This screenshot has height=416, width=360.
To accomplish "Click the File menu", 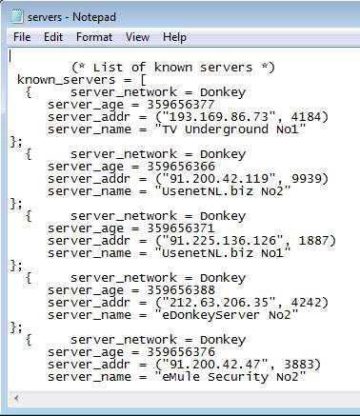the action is point(22,37).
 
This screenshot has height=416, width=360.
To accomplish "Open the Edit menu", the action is point(53,37).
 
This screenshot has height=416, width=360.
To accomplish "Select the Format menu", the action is point(94,37).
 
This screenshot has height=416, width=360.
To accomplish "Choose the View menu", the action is point(137,37).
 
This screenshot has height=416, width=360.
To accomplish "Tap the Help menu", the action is point(174,37).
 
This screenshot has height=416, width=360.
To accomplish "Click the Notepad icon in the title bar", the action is point(17,16).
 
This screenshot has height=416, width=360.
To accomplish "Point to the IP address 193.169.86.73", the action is point(219,117).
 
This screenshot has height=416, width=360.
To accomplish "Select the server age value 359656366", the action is point(181,167).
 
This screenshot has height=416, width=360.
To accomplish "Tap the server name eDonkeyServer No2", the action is point(227,315).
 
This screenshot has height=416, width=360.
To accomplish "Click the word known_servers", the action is point(66,80).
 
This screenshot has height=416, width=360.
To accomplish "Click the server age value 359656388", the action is point(181,290).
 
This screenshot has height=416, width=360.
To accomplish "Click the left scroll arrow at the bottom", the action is point(16,398).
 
